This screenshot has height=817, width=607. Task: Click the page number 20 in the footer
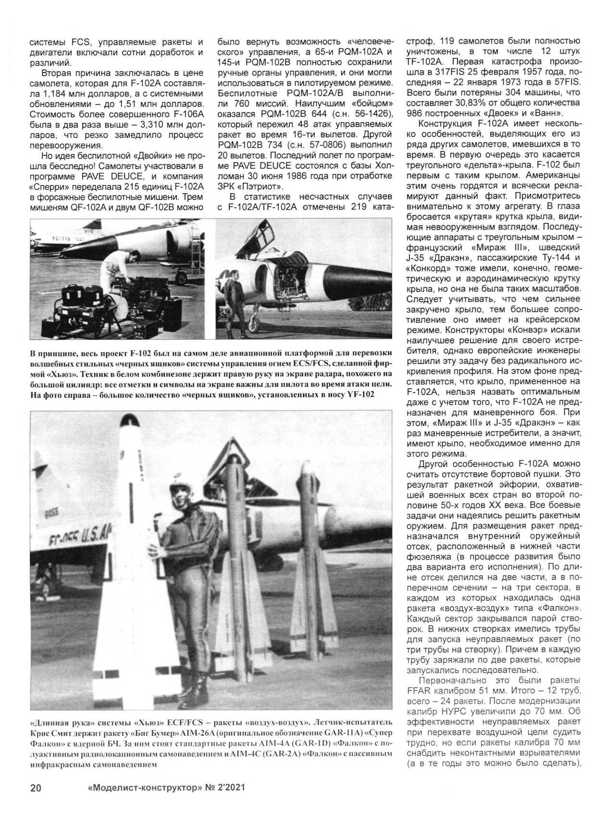click(x=36, y=788)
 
